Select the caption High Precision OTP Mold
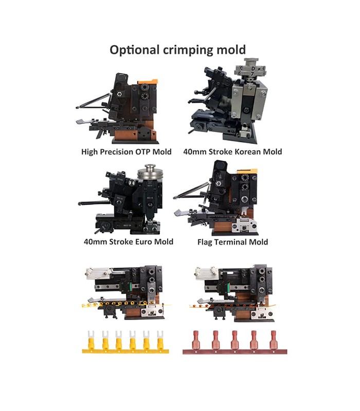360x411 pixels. [126, 152]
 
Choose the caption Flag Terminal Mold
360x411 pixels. [232, 241]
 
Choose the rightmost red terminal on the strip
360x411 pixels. [274, 339]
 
